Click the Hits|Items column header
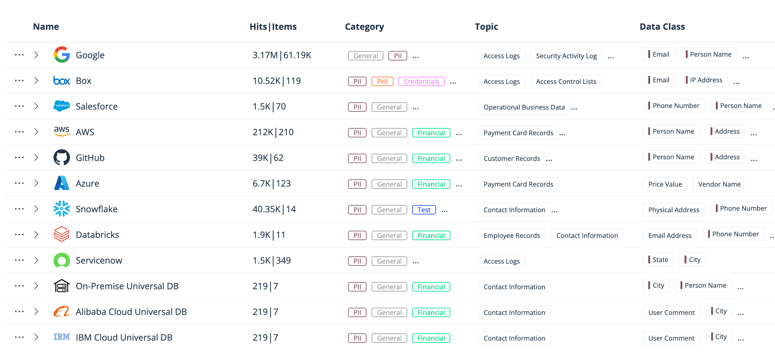(273, 27)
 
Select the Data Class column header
(662, 27)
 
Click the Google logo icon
(62, 55)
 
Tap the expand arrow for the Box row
(36, 80)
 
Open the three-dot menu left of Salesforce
(19, 106)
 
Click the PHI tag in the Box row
(382, 81)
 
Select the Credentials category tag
(421, 81)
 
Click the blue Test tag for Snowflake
(424, 210)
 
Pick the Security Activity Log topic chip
(566, 56)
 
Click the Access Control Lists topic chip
(566, 81)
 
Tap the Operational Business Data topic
(524, 107)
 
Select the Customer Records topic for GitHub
(512, 158)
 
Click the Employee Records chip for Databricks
(512, 235)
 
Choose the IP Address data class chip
(706, 80)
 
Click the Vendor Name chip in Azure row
(719, 184)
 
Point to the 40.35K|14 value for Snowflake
(274, 209)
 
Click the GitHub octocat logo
(62, 157)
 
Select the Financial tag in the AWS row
(431, 133)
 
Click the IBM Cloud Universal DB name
(124, 337)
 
